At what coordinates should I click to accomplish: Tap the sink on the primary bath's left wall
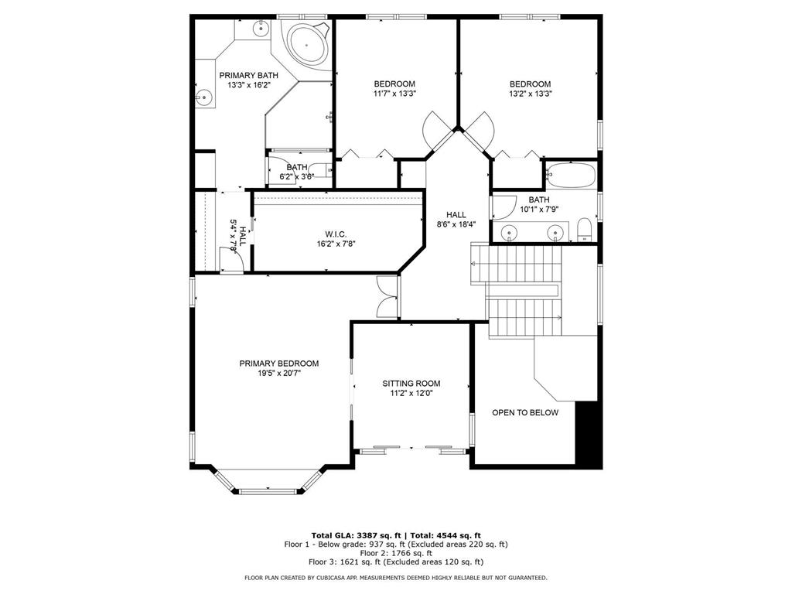(204, 97)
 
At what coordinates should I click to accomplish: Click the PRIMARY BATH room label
(248, 75)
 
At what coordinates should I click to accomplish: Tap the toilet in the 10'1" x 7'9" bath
(585, 230)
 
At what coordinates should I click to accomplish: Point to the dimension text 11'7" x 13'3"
(394, 94)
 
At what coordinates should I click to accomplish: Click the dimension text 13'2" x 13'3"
(530, 94)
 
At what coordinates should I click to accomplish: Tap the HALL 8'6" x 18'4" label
(456, 219)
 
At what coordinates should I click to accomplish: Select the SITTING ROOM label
(411, 383)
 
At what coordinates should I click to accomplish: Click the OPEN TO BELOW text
(525, 412)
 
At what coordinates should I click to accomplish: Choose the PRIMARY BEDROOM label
(278, 364)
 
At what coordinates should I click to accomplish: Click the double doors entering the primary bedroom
(386, 296)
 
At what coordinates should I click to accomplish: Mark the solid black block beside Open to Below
(589, 433)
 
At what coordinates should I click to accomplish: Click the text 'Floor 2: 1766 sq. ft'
(395, 553)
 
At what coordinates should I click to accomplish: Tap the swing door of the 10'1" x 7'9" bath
(503, 206)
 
